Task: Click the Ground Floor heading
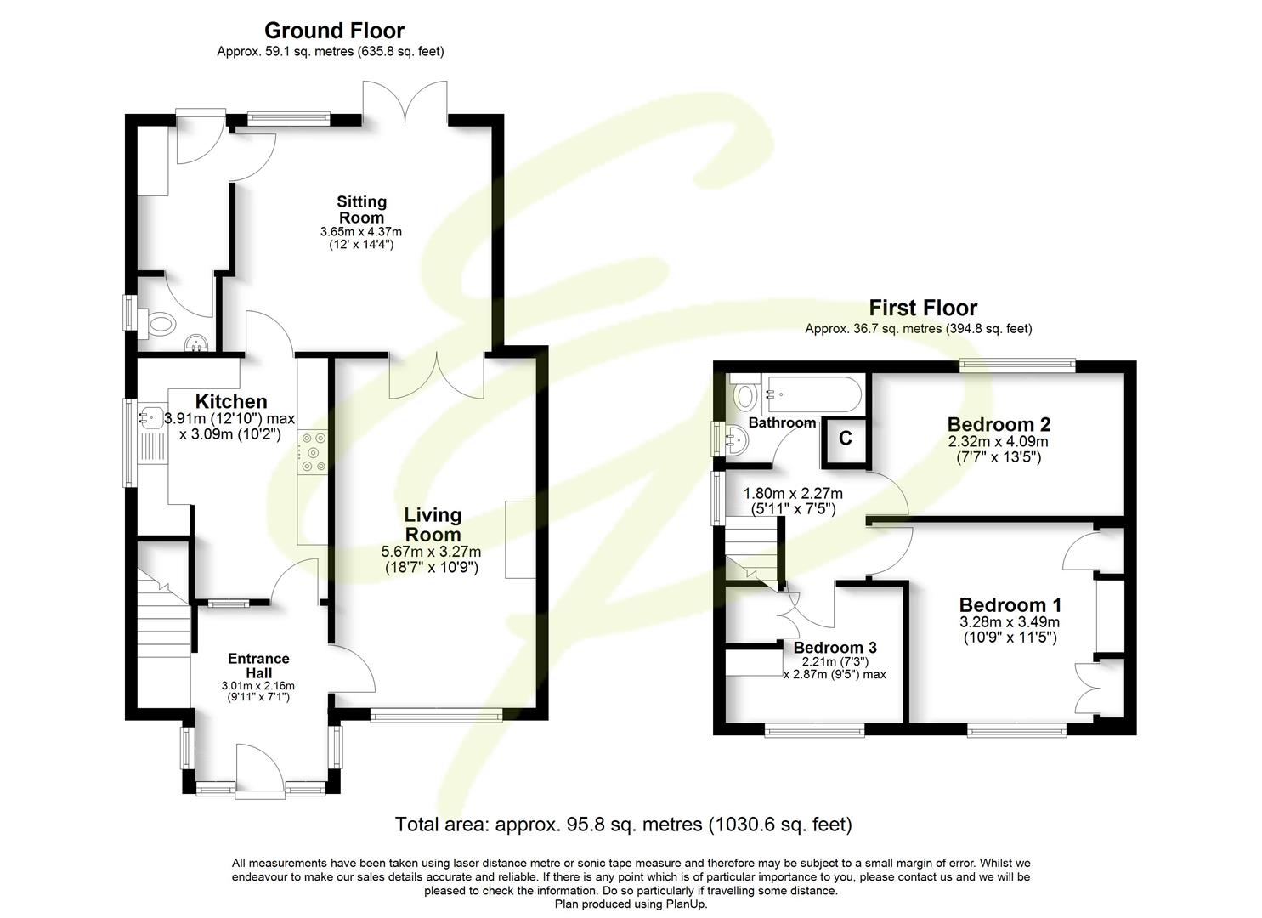pos(334,31)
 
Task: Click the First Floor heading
pos(922,308)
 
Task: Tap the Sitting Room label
pos(361,209)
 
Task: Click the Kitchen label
pos(231,401)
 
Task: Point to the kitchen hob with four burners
pos(312,452)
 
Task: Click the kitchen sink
pos(153,417)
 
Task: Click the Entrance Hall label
pos(258,665)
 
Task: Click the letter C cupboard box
pos(845,439)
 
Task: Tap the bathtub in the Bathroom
pos(812,394)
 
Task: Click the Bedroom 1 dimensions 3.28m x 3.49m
pos(1010,622)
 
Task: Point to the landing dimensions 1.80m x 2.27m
pos(792,494)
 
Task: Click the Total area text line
pos(623,824)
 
